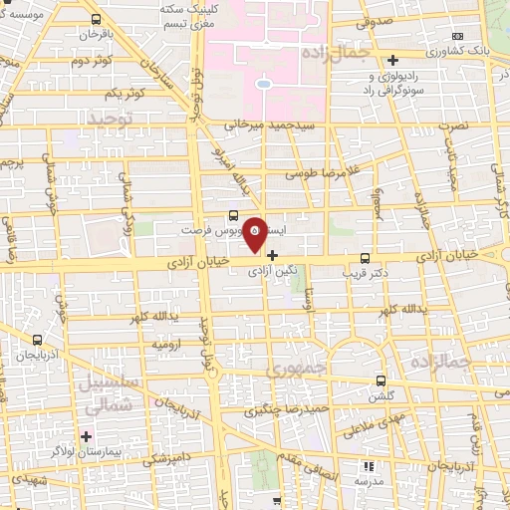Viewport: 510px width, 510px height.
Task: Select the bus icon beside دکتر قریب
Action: (x=365, y=256)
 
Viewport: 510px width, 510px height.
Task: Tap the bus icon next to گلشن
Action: (x=381, y=380)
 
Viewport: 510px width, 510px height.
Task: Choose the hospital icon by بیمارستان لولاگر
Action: (x=88, y=436)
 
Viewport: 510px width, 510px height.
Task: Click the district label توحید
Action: (x=111, y=119)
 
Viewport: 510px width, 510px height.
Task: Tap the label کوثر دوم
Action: (x=91, y=63)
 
